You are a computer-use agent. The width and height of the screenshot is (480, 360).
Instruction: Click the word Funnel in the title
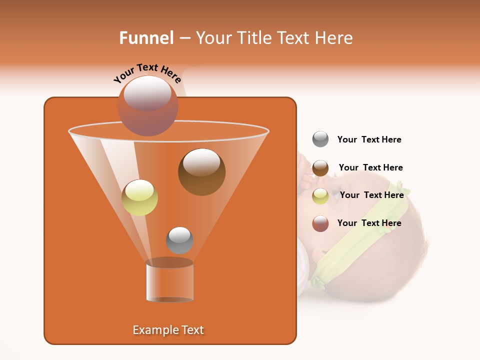(x=146, y=38)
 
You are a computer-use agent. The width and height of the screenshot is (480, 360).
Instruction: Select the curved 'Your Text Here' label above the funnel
(x=147, y=72)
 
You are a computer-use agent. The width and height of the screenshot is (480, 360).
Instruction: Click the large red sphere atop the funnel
(x=147, y=105)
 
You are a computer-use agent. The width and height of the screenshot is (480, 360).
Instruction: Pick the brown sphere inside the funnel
(x=201, y=172)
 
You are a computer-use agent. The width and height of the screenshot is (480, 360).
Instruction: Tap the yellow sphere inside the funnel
(x=139, y=197)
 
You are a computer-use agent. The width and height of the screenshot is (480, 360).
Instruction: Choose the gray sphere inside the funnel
(x=179, y=240)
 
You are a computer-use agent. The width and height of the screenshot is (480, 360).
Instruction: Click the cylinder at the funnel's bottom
(x=169, y=281)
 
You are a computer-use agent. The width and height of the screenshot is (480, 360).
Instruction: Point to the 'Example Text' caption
(x=168, y=330)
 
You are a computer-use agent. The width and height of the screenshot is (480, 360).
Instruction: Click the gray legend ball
(x=320, y=139)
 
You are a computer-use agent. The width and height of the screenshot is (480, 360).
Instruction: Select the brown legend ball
(x=320, y=168)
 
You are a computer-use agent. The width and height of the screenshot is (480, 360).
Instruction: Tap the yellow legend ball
(x=320, y=196)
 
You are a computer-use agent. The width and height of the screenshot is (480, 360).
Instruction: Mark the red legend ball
(x=320, y=223)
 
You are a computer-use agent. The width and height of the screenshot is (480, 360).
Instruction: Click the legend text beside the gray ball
(x=369, y=140)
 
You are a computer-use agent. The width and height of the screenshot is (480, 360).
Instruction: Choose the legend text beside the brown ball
(x=370, y=168)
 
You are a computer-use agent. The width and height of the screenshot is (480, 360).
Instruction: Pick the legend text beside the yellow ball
(x=371, y=195)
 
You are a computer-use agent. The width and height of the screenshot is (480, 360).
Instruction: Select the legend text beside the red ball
(x=369, y=223)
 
